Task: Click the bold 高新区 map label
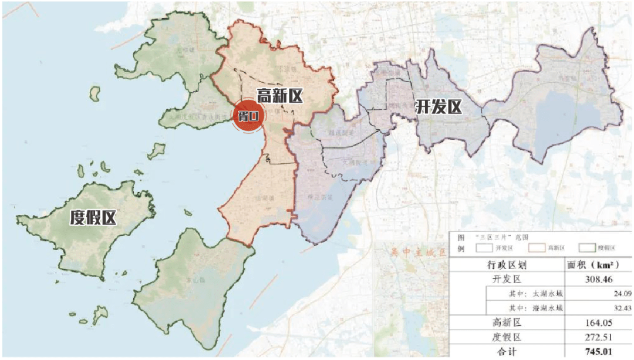[x=280, y=95]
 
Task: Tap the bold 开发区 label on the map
[x=439, y=107]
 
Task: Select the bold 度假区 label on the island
[x=93, y=218]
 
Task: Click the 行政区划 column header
[x=507, y=265]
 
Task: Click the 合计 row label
[x=507, y=352]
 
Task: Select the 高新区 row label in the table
[x=507, y=322]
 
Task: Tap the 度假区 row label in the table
[x=507, y=338]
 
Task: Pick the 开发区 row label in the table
[x=507, y=279]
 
